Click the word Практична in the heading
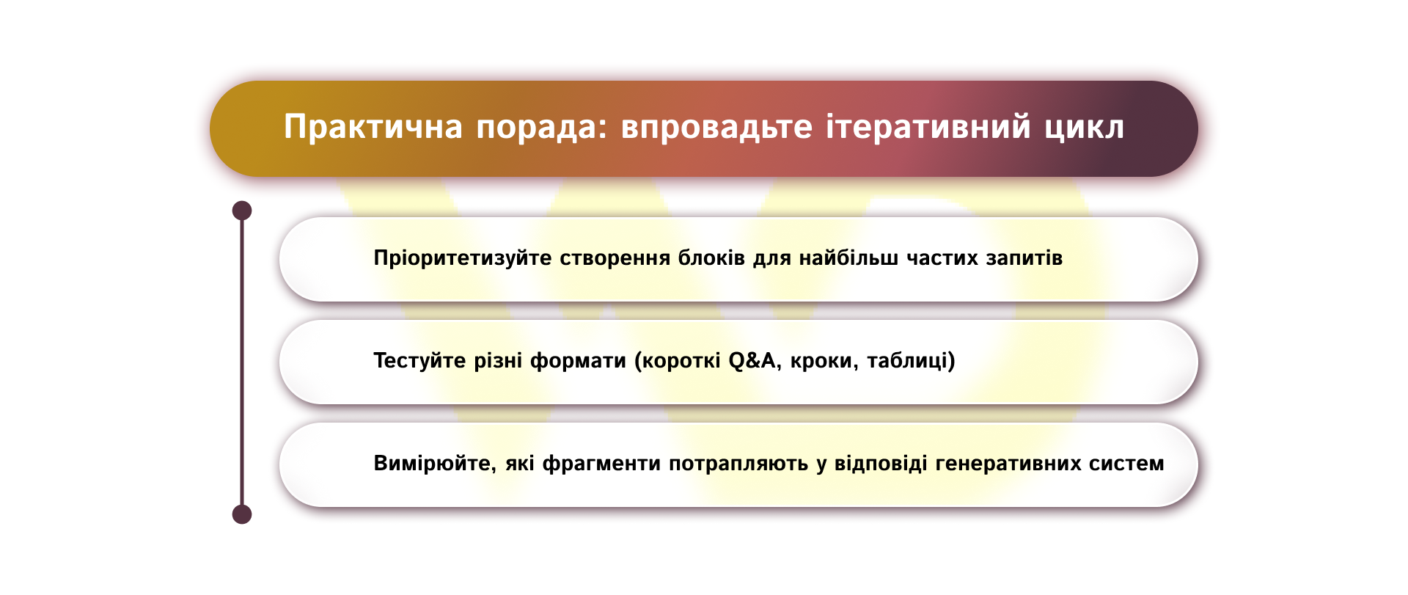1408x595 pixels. coord(373,127)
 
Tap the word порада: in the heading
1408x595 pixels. coord(542,127)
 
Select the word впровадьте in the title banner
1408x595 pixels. coord(716,127)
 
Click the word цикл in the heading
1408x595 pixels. coord(1084,127)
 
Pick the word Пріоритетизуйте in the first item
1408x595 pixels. coord(462,258)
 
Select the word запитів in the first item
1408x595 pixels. coord(1024,258)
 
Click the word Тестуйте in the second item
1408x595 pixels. coord(419,361)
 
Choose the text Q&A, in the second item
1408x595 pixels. coord(755,361)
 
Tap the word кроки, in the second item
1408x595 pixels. coord(824,361)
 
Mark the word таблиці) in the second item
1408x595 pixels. coord(911,361)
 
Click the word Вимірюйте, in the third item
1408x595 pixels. coord(436,464)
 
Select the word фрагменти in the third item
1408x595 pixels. coord(601,464)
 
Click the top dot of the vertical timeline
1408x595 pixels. coord(242,211)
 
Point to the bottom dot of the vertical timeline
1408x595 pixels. coord(242,514)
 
